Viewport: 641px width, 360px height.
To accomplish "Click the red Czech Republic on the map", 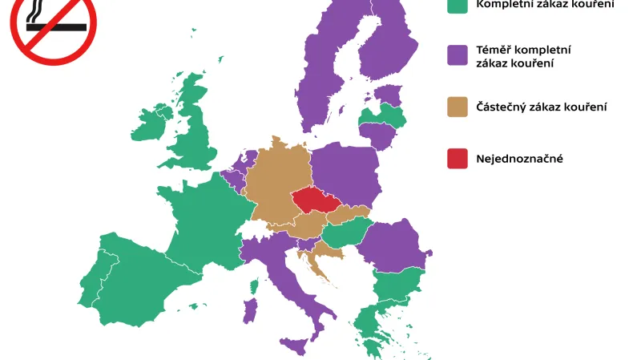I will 316,200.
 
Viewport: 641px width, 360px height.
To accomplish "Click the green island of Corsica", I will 256,285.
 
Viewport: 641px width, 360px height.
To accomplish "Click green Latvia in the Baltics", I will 383,119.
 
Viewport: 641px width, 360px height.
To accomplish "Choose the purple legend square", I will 458,55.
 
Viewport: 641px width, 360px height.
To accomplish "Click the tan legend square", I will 458,107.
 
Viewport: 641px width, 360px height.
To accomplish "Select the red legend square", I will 458,159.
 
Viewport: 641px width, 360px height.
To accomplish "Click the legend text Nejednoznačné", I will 519,159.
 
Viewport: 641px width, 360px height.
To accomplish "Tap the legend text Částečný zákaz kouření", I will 541,107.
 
